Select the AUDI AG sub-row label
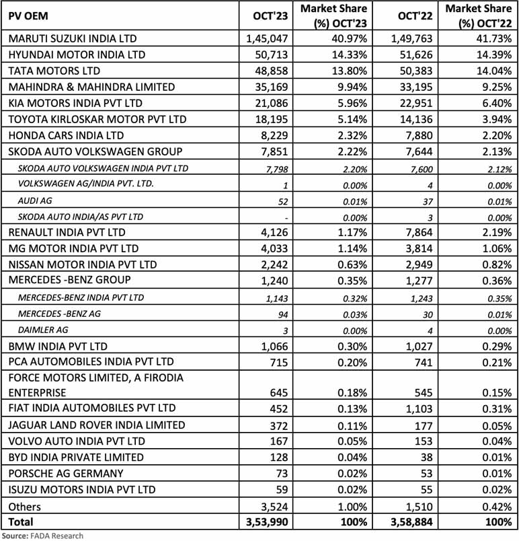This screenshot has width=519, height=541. click(x=36, y=201)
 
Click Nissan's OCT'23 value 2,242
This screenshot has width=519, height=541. click(x=274, y=265)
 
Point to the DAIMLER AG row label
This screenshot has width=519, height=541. click(x=43, y=330)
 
